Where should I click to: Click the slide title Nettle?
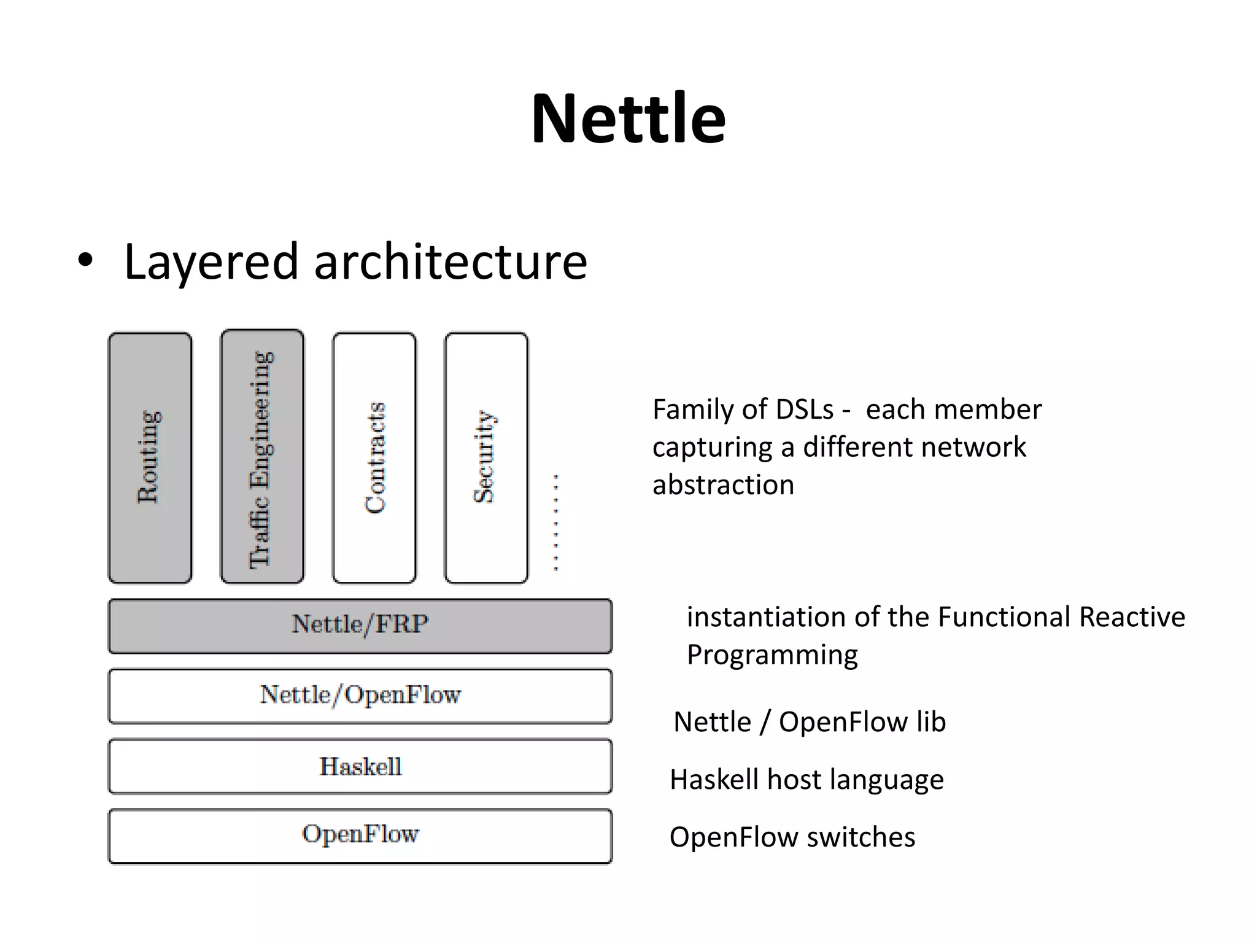[628, 118]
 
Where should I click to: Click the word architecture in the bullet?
[451, 262]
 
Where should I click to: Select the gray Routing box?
[150, 457]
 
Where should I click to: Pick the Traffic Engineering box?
[262, 457]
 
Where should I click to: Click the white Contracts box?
[374, 457]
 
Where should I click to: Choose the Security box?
[486, 457]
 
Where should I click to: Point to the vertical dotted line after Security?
[556, 522]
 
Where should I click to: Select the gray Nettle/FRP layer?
[360, 626]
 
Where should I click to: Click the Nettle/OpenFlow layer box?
[360, 696]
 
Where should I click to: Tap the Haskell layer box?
[360, 766]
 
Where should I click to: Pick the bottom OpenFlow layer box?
[360, 836]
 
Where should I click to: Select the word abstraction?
[723, 485]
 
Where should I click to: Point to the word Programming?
[772, 655]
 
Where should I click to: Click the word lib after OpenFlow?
[930, 721]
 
